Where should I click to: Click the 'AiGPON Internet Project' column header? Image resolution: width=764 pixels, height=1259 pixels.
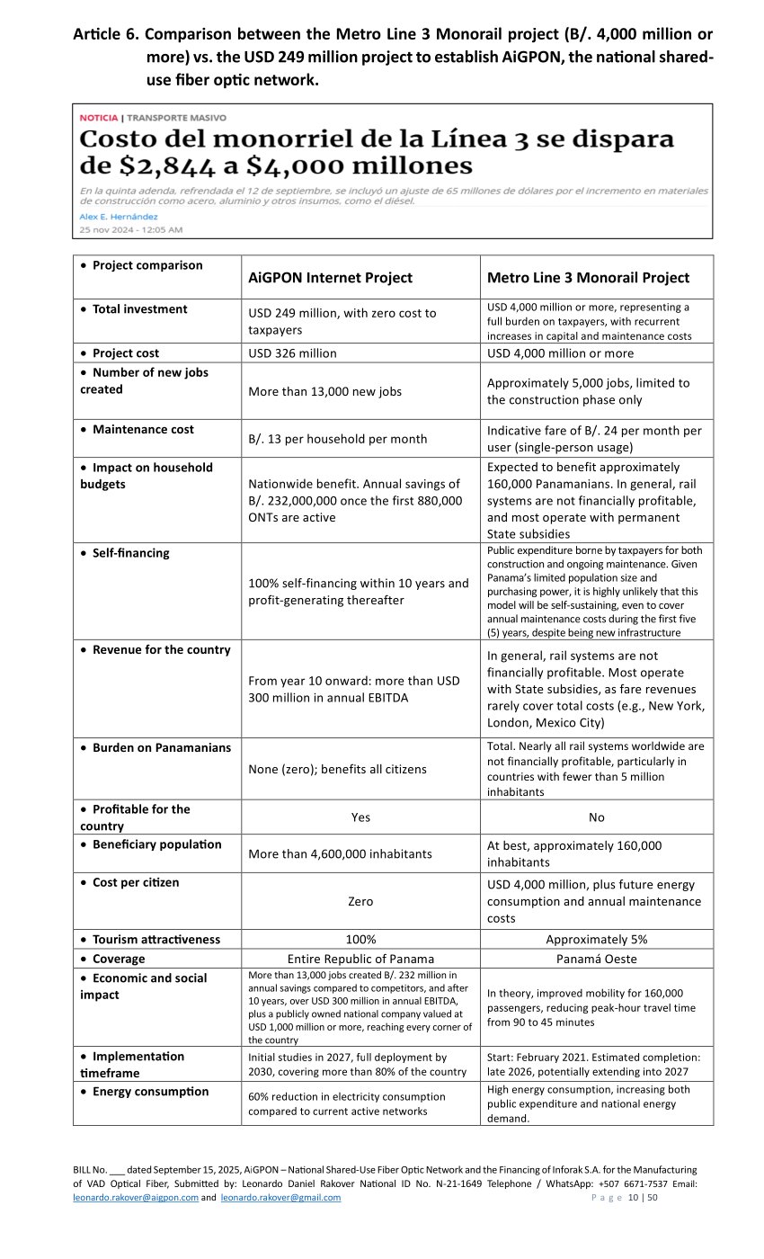point(330,278)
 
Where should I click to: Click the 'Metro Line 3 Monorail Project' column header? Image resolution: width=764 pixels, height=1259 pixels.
point(588,278)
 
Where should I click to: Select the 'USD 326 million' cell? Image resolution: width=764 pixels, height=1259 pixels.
point(292,353)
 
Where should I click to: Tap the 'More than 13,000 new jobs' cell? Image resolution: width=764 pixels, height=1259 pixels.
point(324,391)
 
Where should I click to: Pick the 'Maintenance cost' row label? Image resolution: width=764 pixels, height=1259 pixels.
point(143,430)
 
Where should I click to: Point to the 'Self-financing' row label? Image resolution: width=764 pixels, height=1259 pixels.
point(130,553)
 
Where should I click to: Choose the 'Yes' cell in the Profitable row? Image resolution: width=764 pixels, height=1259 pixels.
point(360,817)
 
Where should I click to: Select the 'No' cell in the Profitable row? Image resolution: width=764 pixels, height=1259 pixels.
point(597,817)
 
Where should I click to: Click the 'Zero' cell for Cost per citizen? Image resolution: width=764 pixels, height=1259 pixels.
point(360,901)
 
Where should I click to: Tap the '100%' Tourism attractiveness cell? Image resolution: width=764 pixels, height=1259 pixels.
point(360,940)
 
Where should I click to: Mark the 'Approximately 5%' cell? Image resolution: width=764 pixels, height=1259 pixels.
point(597,940)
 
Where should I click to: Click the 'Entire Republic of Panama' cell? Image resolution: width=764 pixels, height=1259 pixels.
point(360,959)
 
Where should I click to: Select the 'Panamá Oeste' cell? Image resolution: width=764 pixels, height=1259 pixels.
point(597,959)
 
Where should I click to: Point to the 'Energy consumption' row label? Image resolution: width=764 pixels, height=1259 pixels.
point(150,1092)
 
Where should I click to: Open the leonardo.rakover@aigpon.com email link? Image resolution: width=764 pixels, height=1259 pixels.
point(136,1198)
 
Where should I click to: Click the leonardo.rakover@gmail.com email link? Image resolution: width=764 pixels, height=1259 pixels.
point(280,1198)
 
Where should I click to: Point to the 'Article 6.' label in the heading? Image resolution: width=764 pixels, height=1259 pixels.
point(106,35)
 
